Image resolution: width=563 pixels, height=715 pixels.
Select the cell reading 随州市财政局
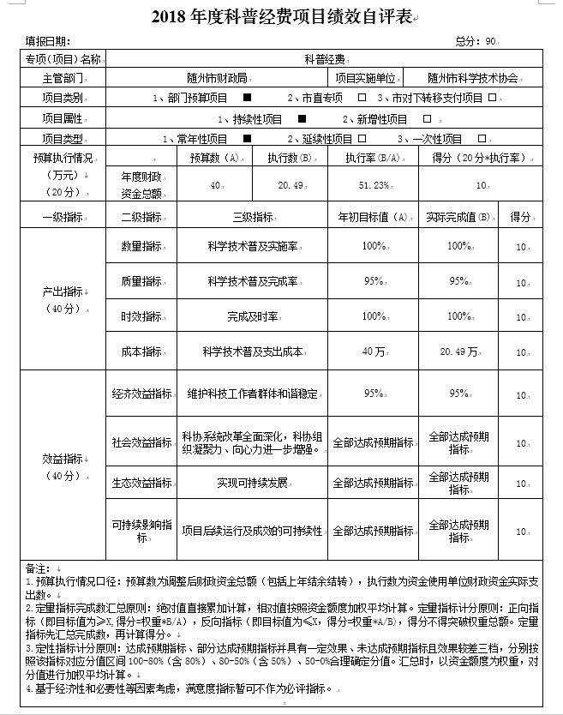coord(217,78)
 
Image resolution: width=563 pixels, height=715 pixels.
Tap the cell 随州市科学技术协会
coord(473,78)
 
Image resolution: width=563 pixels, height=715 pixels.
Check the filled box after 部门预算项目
coord(247,98)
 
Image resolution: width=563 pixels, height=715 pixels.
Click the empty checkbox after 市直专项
coord(362,98)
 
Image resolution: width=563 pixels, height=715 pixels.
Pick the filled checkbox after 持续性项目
coord(301,118)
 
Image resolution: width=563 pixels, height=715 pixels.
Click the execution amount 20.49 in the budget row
coord(290,184)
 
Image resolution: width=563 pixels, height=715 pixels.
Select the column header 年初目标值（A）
coord(374,217)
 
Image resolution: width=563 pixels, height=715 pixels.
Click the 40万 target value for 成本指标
coord(374,351)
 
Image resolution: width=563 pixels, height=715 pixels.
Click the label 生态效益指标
coord(141,483)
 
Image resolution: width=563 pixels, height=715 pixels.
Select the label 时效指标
coord(141,316)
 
